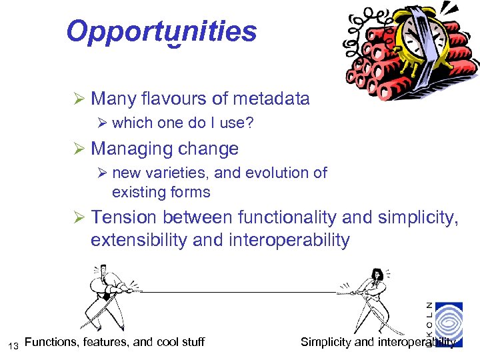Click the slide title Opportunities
pos(161,31)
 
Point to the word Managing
pos(124,148)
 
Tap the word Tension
pos(124,217)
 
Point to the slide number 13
pos(13,345)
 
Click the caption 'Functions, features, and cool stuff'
pos(114,342)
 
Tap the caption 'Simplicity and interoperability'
pos(378,342)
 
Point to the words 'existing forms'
pos(161,193)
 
